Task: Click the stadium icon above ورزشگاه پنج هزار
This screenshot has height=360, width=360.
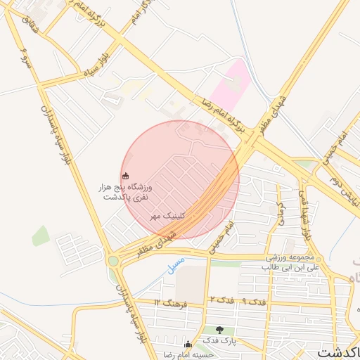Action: pos(126,176)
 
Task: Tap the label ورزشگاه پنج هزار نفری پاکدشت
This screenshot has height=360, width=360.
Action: pos(126,192)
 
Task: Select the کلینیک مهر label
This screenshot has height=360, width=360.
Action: pos(167,217)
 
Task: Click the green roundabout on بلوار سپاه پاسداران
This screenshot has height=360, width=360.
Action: pos(113,261)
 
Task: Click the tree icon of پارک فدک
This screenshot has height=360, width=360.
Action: pos(220,330)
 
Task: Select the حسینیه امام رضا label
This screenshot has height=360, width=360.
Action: pos(188,354)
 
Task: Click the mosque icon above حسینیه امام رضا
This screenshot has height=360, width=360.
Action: pos(188,345)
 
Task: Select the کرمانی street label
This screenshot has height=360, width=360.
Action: pos(280,212)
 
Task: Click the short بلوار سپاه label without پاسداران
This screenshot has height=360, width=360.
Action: pos(96,63)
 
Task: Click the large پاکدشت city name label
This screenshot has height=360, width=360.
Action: pos(337,351)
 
